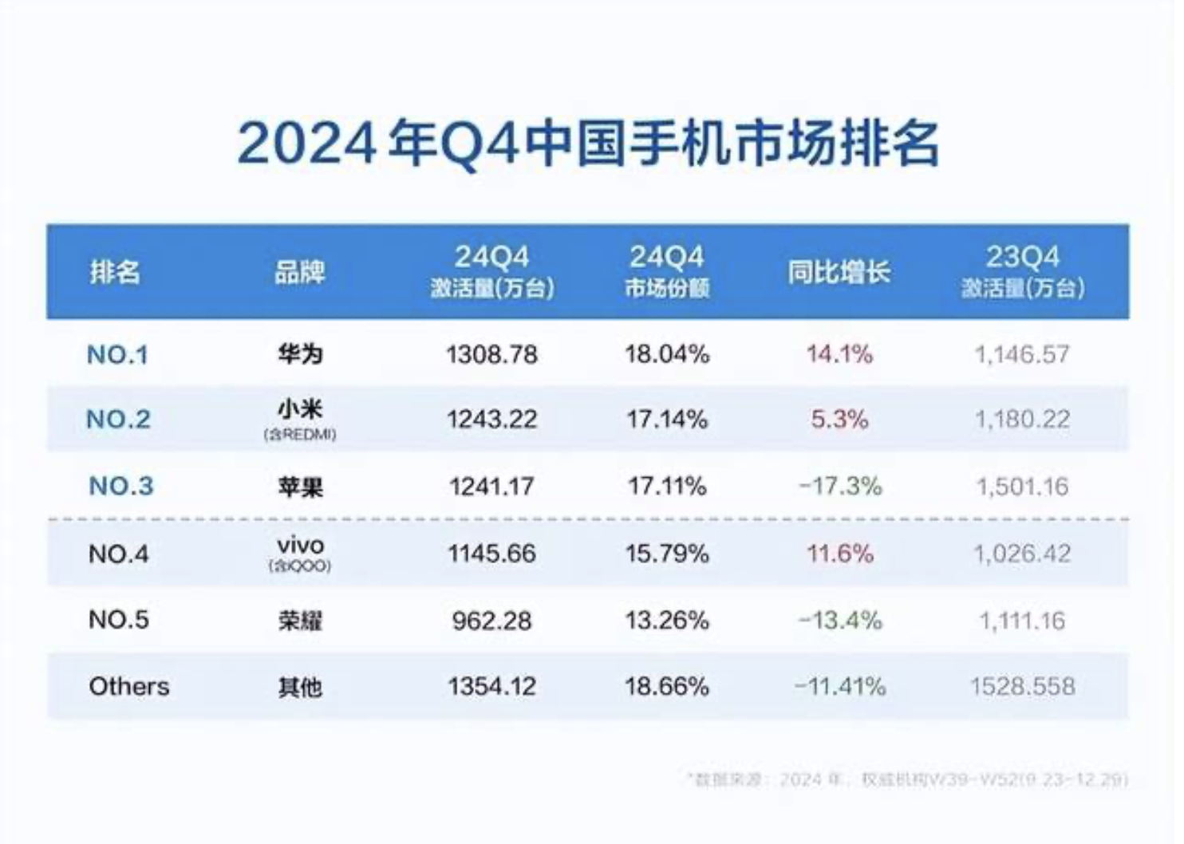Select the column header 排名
[115, 272]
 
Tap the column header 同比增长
[839, 272]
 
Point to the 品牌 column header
[300, 272]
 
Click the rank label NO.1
[118, 354]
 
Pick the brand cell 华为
[300, 354]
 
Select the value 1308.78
[491, 354]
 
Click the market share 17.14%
[667, 420]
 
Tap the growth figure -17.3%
[840, 486]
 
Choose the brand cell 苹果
[300, 487]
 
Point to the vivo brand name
[300, 546]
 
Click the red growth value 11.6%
[839, 554]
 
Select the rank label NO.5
[119, 620]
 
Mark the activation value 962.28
[491, 621]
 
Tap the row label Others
[129, 686]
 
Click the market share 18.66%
[667, 686]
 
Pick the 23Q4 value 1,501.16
[1022, 486]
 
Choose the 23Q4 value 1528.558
[1022, 686]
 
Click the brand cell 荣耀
[300, 621]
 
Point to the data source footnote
[907, 779]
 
